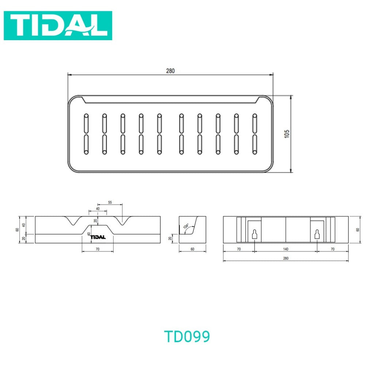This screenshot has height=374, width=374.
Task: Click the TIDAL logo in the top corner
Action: coord(58,26)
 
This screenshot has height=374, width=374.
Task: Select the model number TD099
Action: coord(187,336)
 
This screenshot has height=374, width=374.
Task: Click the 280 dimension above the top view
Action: coord(170,71)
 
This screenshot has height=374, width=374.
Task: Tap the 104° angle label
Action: coord(186,227)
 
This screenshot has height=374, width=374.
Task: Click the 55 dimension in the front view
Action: coord(110,202)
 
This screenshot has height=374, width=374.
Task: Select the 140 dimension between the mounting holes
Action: coord(286,249)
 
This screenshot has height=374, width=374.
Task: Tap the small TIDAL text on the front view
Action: coord(98,237)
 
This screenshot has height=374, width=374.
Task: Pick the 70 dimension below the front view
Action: coord(98,249)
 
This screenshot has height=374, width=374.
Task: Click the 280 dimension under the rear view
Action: coord(286,258)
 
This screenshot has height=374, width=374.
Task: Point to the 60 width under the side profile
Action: coord(192,249)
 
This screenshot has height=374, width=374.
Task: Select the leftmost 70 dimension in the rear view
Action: coord(238,249)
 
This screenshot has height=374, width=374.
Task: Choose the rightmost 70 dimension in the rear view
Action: coord(333,249)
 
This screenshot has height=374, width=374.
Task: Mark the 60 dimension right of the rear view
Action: coord(358,229)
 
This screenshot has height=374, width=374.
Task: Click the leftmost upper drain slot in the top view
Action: coord(86,124)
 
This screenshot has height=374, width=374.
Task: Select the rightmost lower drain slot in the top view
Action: coord(255,144)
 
